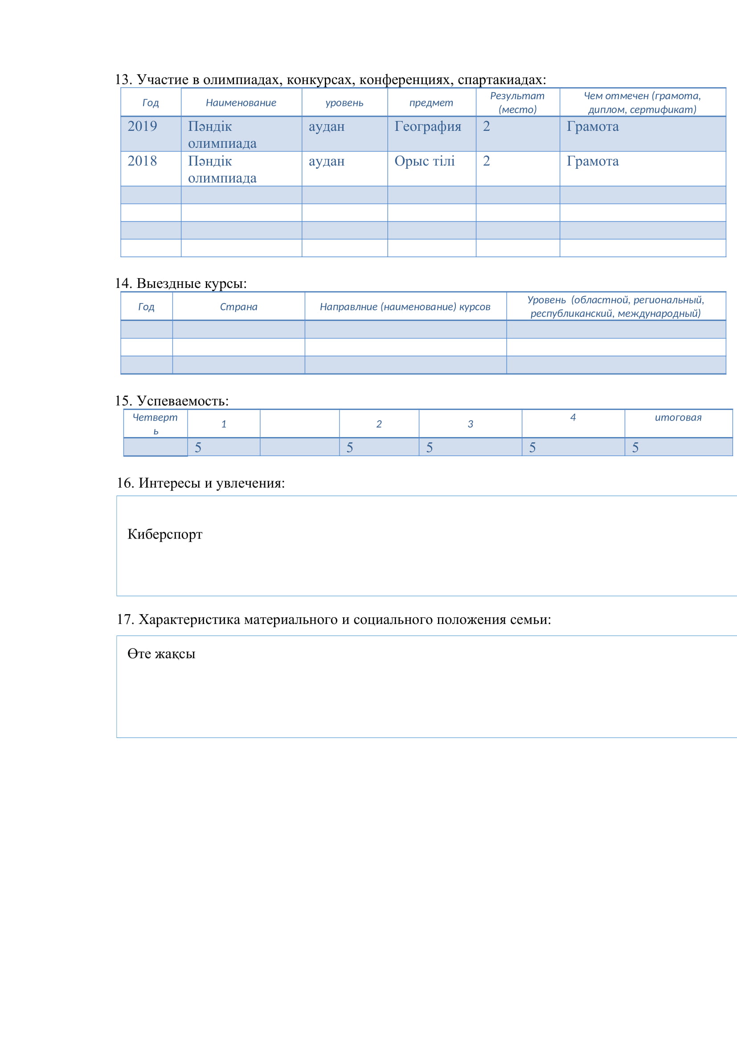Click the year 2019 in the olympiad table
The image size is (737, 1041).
142,126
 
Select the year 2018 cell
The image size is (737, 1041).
142,162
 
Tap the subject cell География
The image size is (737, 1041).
427,126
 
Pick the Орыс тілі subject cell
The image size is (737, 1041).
424,162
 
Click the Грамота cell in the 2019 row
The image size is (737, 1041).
593,126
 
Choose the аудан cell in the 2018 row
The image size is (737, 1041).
326,162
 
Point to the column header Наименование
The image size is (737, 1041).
241,103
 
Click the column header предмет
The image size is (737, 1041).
431,103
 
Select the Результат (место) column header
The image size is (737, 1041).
517,102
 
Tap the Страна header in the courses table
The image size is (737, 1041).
239,307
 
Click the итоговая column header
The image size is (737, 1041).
678,417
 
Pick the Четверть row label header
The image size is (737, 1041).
155,423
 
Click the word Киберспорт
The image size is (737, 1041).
165,535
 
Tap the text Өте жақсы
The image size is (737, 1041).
161,654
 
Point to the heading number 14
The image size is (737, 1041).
123,284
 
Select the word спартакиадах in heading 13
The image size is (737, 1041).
501,80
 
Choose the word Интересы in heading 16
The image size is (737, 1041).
169,483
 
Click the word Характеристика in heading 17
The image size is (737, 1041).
189,620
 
